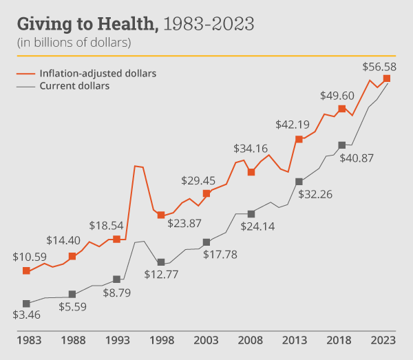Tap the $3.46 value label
coord(27,316)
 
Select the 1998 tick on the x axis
coord(161,339)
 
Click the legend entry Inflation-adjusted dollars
coord(98,74)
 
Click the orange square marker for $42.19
coord(299,139)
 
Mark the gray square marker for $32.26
coord(299,181)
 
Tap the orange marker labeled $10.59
coord(27,271)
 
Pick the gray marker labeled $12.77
coord(161,262)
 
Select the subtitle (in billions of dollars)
coord(74,42)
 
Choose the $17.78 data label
coord(221,255)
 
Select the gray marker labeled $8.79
coord(116,279)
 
